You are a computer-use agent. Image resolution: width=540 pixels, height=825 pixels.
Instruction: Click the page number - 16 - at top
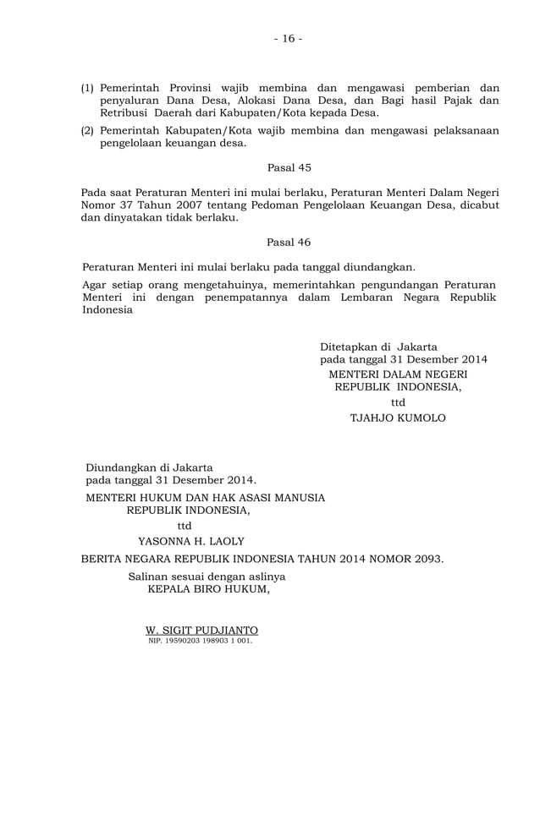click(288, 39)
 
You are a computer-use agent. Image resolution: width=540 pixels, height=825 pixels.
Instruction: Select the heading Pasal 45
click(289, 167)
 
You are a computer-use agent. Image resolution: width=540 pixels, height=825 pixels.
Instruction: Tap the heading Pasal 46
click(289, 242)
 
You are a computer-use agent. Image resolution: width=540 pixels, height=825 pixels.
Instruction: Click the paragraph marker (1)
click(87, 88)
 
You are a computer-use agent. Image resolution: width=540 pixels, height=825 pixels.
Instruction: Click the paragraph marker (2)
click(87, 130)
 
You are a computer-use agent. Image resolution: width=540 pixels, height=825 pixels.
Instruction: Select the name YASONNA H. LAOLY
click(191, 541)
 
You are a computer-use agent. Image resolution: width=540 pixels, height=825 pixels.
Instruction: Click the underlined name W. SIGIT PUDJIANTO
click(201, 631)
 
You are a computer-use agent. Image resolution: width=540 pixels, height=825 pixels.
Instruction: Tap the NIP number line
click(200, 641)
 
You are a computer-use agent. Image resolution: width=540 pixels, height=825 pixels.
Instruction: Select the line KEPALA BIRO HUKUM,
click(208, 590)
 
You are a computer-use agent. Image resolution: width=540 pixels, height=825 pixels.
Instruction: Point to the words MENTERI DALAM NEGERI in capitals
click(398, 374)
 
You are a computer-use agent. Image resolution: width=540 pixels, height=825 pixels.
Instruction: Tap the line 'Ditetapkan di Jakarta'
click(378, 347)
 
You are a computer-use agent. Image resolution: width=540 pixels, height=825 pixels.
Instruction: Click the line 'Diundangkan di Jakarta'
click(149, 467)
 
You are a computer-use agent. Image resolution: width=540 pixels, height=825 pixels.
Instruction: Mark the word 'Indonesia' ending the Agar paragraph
click(107, 309)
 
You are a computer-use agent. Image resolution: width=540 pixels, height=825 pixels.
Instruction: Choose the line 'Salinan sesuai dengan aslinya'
click(207, 576)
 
